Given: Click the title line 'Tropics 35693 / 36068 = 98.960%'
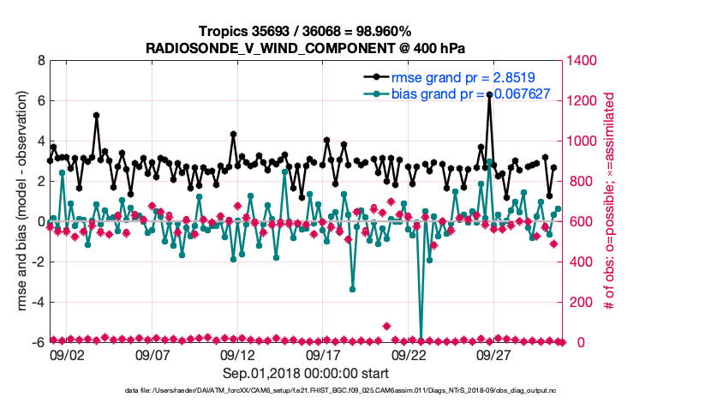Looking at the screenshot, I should (x=306, y=31).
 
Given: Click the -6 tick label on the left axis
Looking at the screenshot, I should (x=37, y=342).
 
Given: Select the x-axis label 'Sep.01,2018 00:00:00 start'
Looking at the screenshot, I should (x=306, y=373).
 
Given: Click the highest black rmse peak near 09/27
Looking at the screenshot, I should (x=489, y=95).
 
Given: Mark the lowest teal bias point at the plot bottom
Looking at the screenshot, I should (x=421, y=341).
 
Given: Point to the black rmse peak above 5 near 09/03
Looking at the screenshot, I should (x=96, y=115).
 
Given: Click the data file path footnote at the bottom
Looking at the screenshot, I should (x=306, y=391).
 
